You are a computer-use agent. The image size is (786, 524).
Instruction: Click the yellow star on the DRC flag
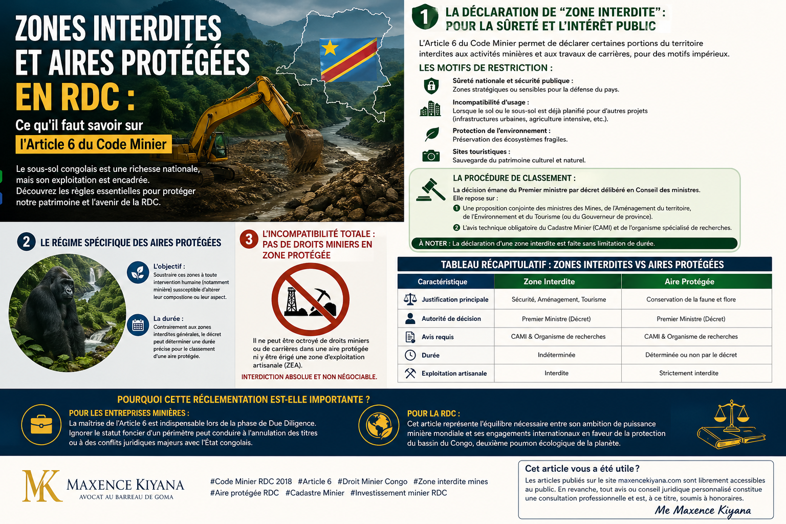pos(330,48)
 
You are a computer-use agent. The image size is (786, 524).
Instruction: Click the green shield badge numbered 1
pos(425,17)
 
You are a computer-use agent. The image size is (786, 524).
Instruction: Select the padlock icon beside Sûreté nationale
pos(431,85)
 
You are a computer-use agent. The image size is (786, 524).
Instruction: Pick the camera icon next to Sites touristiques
pos(431,156)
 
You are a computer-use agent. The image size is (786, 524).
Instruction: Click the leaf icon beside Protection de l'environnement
pos(432,134)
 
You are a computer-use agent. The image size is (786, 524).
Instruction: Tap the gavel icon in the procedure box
pos(431,189)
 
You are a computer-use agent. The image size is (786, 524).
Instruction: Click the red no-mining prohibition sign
pos(310,300)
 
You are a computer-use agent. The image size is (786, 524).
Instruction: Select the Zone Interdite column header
pos(549,281)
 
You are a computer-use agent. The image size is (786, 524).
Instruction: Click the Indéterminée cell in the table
pos(556,355)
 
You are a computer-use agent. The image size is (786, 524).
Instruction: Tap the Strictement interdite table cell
pos(689,373)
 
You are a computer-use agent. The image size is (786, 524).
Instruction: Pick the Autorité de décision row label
pos(451,318)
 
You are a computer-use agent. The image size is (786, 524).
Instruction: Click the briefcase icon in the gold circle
pos(41,425)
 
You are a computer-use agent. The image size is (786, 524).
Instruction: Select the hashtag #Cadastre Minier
pos(315,493)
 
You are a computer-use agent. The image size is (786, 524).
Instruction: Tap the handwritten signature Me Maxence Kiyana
pos(703,510)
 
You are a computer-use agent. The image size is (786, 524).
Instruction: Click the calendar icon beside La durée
pos(138,325)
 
